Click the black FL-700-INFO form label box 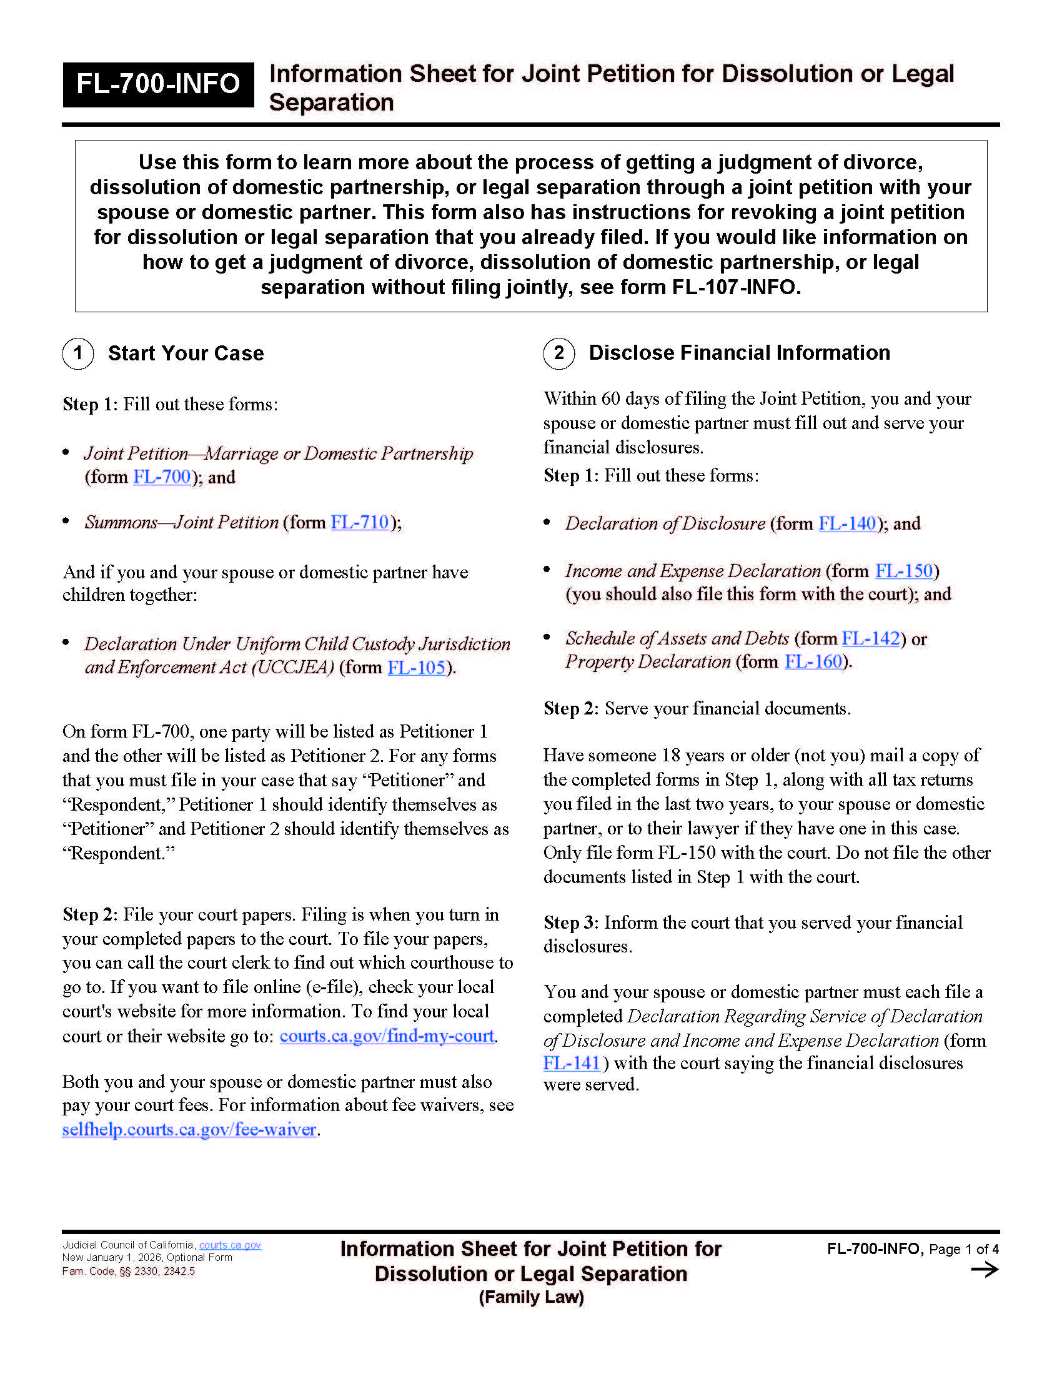(158, 84)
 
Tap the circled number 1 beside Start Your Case (78, 353)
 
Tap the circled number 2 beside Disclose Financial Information (558, 353)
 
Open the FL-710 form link (360, 522)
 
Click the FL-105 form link (417, 667)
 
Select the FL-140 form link (847, 523)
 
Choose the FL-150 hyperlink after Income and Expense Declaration (904, 571)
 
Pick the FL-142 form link (871, 638)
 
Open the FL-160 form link (813, 662)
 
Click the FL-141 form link (571, 1063)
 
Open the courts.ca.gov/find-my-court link (387, 1035)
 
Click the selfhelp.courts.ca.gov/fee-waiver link (189, 1129)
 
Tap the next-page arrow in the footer (984, 1270)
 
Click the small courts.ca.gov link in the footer (230, 1245)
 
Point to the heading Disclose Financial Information (739, 353)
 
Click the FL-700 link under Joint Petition (162, 477)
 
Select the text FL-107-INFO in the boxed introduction (735, 287)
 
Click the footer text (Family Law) (531, 1297)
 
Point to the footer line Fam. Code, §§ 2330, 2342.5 (128, 1272)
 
